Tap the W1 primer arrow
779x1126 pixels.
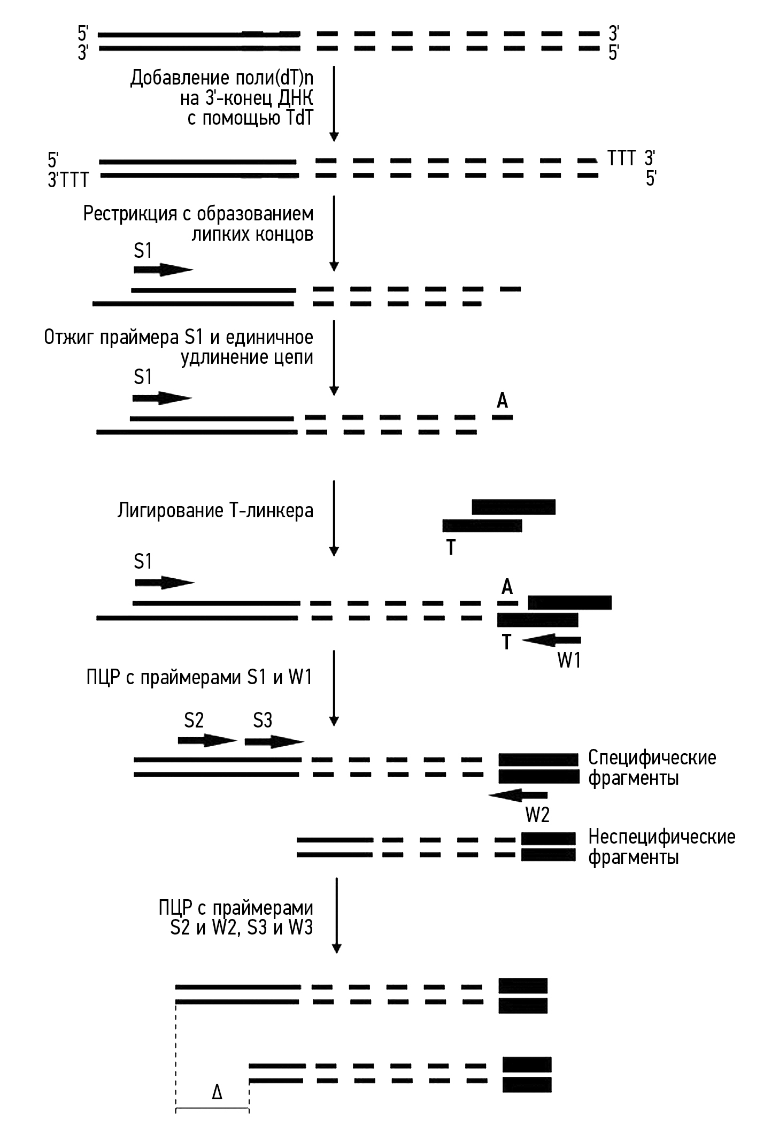coord(551,640)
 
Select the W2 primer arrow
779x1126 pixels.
coord(518,795)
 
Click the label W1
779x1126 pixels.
coord(569,661)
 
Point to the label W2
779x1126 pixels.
coord(537,815)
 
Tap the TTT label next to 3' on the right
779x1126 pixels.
coord(621,158)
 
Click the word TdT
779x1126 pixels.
coord(296,118)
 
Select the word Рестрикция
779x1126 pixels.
coord(130,214)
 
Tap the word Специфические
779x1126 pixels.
coord(652,758)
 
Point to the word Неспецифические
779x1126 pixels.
coord(662,837)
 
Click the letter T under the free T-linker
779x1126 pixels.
coord(451,547)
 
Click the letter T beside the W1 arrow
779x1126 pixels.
coord(506,641)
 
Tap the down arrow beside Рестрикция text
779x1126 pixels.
coord(334,233)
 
